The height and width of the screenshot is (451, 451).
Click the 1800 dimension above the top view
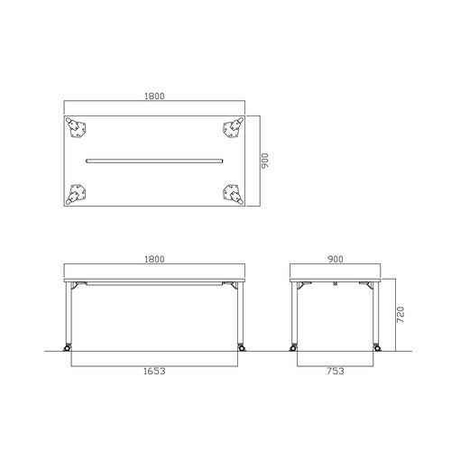pyautogui.click(x=154, y=97)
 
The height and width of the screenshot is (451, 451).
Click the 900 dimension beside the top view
pyautogui.click(x=264, y=161)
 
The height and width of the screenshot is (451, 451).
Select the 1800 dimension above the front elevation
pyautogui.click(x=154, y=259)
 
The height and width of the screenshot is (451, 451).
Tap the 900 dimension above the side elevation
pyautogui.click(x=336, y=259)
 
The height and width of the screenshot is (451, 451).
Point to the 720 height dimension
pyautogui.click(x=400, y=315)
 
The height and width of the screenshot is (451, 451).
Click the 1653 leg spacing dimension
pyautogui.click(x=154, y=372)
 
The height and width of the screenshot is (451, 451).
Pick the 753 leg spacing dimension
pyautogui.click(x=336, y=372)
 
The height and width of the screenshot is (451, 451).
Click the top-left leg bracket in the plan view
pyautogui.click(x=76, y=127)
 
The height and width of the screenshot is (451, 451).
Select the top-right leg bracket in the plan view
pyautogui.click(x=233, y=127)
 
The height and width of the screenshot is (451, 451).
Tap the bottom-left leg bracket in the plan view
pyautogui.click(x=76, y=194)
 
